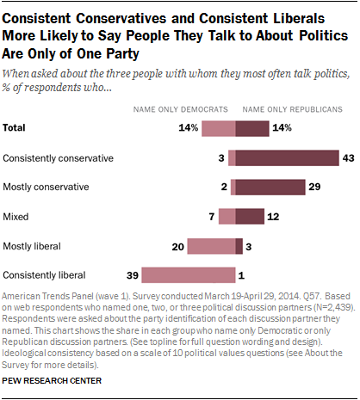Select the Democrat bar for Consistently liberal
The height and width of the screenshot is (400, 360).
coord(189,275)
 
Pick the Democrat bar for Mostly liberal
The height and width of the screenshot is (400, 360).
coord(211,246)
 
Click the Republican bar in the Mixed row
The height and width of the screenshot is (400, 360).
coord(250,217)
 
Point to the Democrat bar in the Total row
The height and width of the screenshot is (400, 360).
coord(219,128)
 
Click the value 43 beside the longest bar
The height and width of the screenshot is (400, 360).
coord(349,157)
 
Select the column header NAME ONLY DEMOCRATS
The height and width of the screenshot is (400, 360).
coord(179,109)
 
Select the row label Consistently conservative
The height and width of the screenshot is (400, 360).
coord(59,158)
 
